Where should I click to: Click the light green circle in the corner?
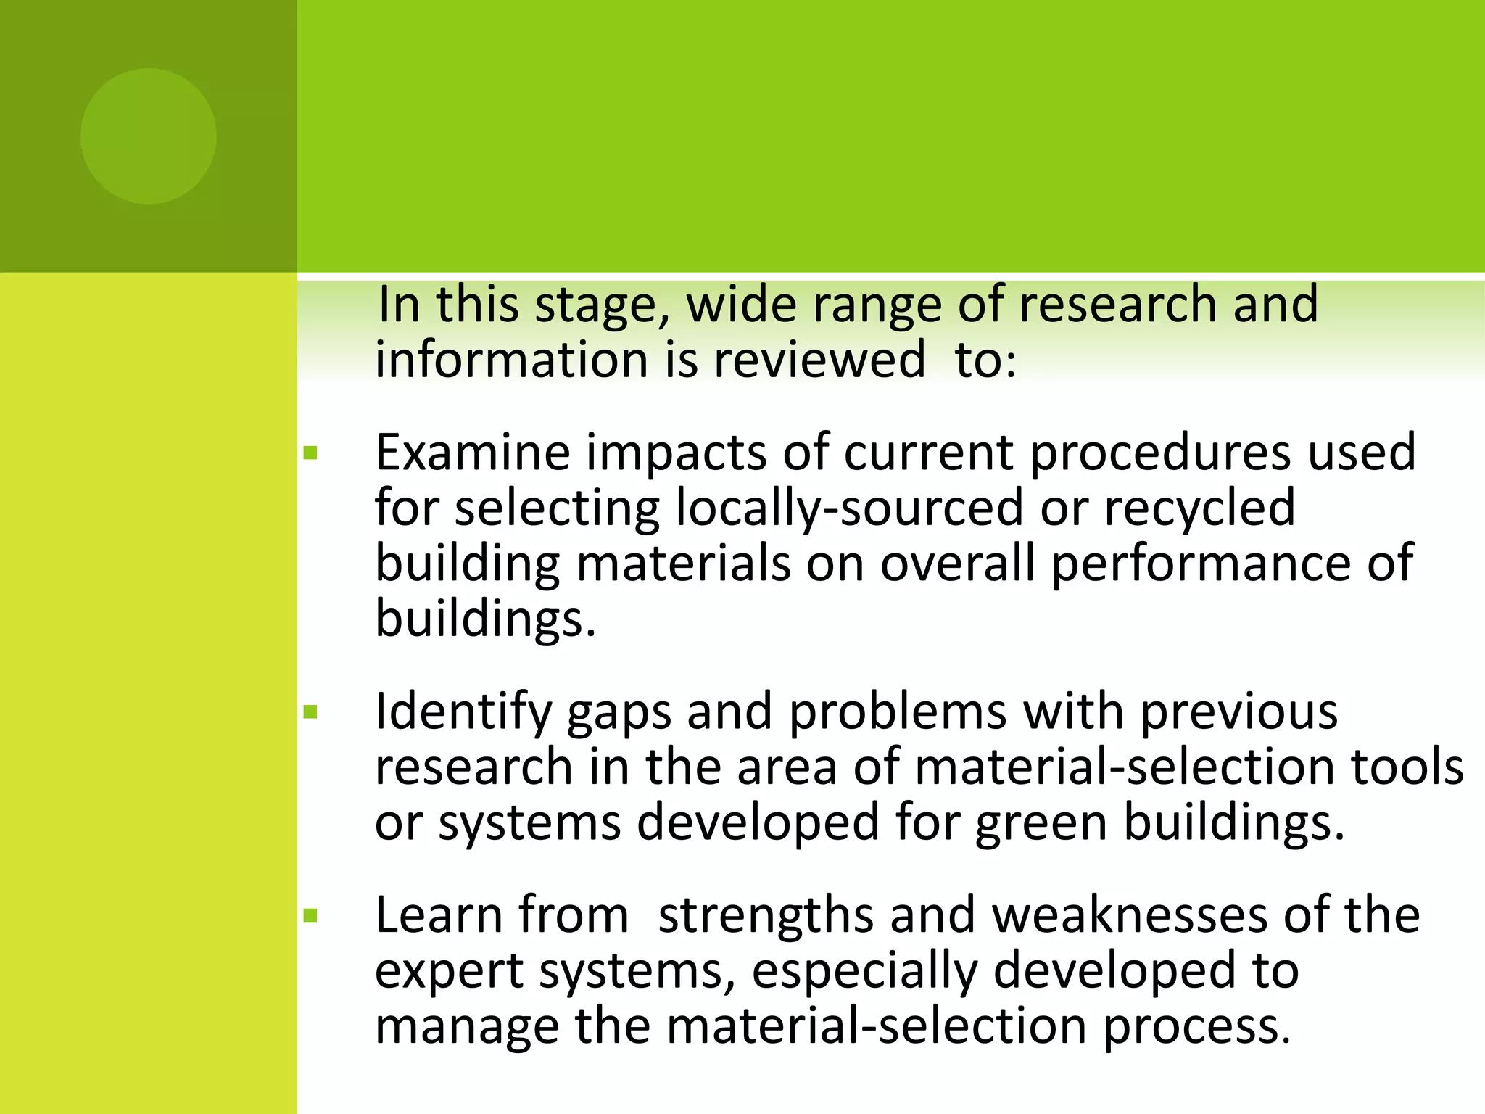coord(149,136)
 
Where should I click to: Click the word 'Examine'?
coord(473,453)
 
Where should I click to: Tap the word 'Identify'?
coord(463,711)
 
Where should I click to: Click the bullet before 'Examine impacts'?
coord(311,454)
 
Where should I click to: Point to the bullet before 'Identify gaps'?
coord(311,712)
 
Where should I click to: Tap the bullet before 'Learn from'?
coord(311,916)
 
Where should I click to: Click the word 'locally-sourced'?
coord(849,508)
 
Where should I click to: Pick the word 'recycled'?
coord(1199,508)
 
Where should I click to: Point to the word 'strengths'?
coord(766,916)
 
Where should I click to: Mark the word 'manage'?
coord(467,1028)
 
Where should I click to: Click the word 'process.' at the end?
coord(1197,1028)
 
